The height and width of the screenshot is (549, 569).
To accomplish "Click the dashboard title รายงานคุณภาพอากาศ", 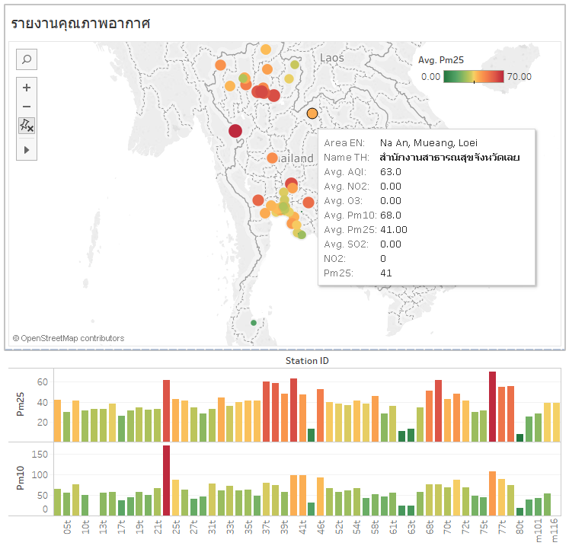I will click(80, 24).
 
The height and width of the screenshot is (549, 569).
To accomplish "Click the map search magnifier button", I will click(27, 59).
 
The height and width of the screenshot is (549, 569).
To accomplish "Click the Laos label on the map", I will click(331, 58).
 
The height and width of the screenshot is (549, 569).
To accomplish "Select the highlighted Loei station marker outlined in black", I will click(312, 113).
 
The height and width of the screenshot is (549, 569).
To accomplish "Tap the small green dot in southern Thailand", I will click(254, 322).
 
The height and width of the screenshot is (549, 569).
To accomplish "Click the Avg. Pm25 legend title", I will click(441, 59).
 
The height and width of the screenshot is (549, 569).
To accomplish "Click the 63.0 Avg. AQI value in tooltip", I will click(390, 172).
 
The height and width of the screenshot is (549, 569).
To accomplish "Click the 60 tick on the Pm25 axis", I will click(43, 382).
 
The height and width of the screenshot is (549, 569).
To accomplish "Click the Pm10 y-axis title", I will click(21, 481).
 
